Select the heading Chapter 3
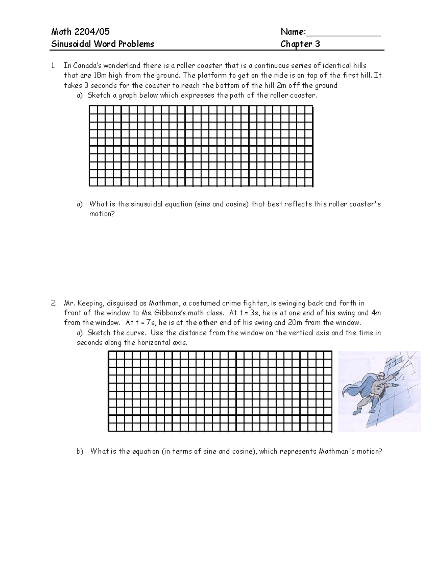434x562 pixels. [x=300, y=44]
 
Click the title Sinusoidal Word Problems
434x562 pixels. [x=102, y=44]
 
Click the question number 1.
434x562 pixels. [x=54, y=66]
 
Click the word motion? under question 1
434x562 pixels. [x=102, y=214]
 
